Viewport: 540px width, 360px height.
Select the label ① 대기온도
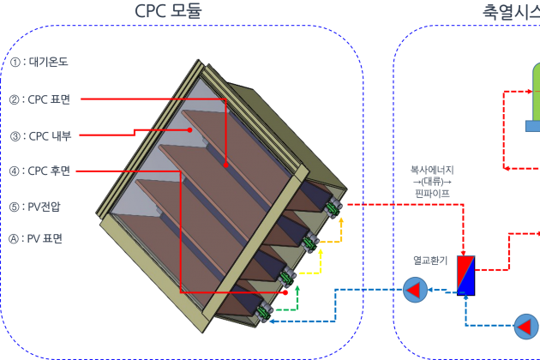pos(39,63)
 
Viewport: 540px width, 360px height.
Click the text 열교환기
pos(430,259)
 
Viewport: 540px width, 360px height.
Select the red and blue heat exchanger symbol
pos(465,274)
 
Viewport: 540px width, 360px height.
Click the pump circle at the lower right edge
pos(526,326)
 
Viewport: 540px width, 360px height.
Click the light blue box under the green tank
pos(532,126)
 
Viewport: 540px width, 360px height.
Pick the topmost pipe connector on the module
pos(332,207)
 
